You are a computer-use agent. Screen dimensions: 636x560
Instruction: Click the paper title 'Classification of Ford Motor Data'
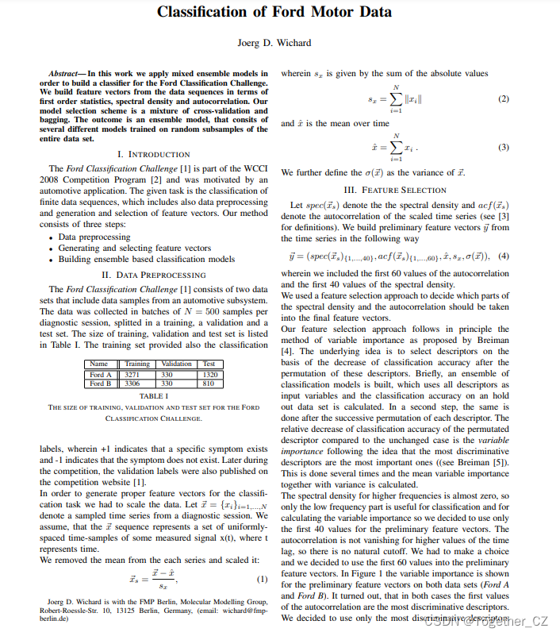click(x=274, y=12)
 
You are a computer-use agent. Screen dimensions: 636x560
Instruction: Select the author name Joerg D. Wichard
click(x=274, y=42)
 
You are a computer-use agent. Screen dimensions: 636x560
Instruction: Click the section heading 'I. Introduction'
click(x=153, y=153)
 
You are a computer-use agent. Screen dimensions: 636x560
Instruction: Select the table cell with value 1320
click(x=209, y=374)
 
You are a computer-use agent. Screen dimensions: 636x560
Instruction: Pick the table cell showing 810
click(x=209, y=383)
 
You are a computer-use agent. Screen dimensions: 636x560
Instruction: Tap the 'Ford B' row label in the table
click(x=101, y=383)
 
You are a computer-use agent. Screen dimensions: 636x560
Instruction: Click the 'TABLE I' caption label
click(x=153, y=395)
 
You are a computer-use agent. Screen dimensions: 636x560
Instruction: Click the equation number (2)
click(x=502, y=99)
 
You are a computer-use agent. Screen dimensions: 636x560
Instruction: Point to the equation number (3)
click(x=502, y=148)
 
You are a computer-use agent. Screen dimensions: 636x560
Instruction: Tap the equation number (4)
click(x=502, y=256)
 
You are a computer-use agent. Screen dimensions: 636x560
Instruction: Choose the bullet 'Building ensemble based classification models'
click(x=147, y=259)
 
